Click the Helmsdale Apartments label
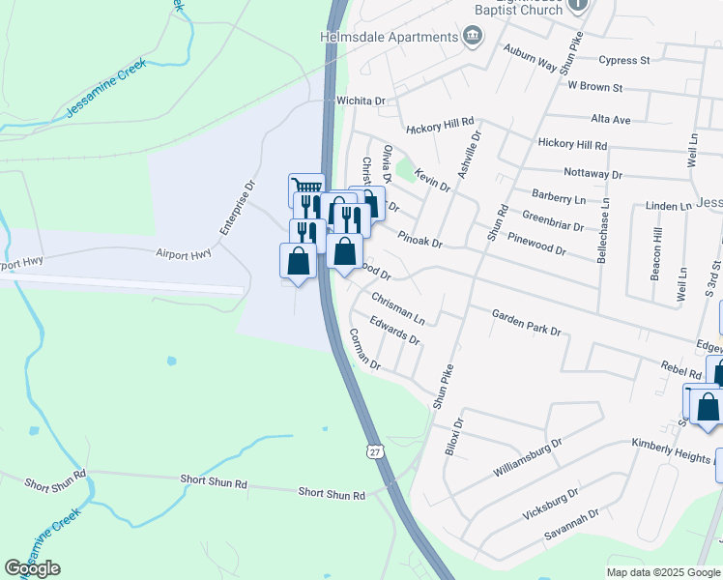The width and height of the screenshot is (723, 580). click(388, 37)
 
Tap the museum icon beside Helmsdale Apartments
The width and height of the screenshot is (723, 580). click(473, 38)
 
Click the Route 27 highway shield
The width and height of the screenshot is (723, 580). click(374, 451)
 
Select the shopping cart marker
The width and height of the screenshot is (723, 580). click(306, 187)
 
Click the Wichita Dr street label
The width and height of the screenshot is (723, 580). click(361, 101)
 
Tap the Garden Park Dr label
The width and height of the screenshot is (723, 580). click(526, 322)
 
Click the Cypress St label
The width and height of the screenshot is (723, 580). click(623, 60)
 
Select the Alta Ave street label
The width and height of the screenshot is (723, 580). click(610, 120)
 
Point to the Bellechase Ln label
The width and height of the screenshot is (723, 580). click(606, 232)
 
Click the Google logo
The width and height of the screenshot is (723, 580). click(33, 568)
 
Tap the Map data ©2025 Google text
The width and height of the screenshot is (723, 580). click(663, 572)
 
